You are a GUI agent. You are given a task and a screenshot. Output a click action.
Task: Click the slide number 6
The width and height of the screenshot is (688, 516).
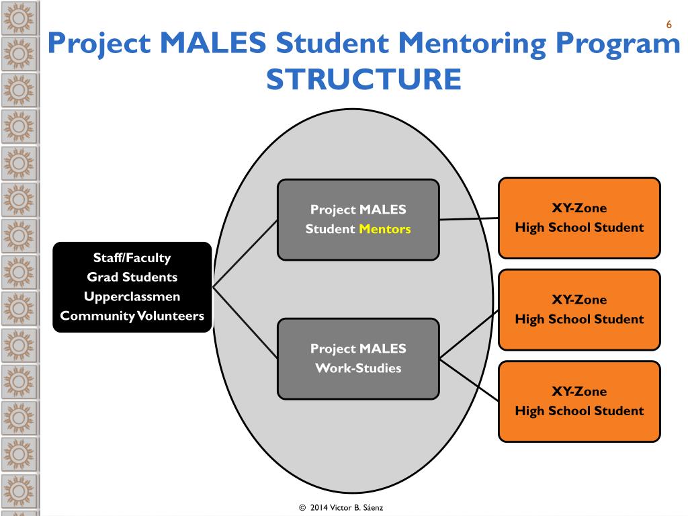(x=669, y=25)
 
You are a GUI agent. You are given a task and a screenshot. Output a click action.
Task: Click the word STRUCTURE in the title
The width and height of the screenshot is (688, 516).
(x=363, y=79)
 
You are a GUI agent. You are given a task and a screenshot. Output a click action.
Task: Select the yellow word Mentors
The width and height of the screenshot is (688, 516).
(x=384, y=229)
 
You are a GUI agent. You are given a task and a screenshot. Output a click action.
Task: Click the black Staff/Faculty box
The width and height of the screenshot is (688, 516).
(x=132, y=257)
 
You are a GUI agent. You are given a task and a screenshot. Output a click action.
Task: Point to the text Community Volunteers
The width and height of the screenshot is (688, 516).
(x=132, y=316)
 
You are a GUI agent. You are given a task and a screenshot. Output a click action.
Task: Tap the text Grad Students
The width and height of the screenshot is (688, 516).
(x=132, y=277)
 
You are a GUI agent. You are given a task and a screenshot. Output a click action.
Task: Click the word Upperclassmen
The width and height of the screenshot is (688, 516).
(x=132, y=296)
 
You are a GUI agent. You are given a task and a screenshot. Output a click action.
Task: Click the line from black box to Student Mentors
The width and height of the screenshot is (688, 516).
(x=245, y=253)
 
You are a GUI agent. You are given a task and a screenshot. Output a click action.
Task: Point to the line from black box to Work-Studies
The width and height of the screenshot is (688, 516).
(x=245, y=322)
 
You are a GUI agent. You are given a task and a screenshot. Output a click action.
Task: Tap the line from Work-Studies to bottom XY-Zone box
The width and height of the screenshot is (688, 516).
(x=469, y=377)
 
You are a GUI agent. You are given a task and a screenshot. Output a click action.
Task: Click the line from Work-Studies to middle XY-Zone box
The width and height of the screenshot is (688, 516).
(x=469, y=333)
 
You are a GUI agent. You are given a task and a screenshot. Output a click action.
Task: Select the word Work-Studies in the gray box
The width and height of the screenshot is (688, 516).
(x=358, y=368)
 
